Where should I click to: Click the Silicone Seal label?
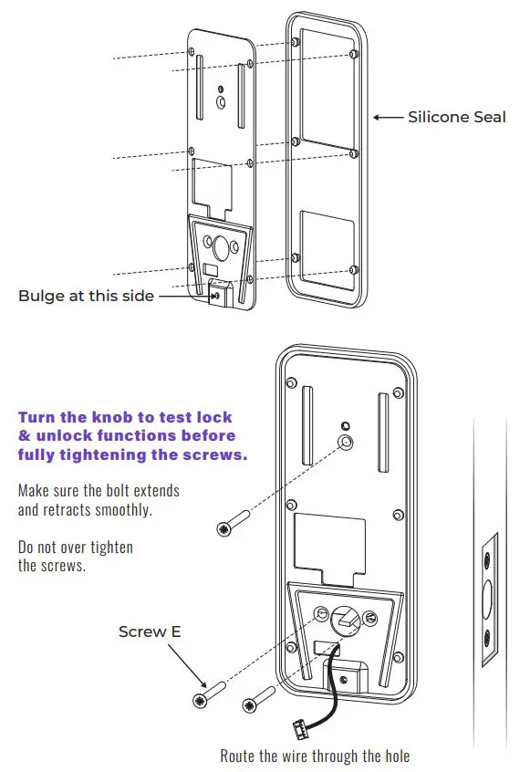click(x=456, y=118)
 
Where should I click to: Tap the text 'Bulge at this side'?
click(x=87, y=296)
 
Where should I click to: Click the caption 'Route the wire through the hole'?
click(x=315, y=756)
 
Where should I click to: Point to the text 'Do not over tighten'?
click(x=75, y=547)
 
